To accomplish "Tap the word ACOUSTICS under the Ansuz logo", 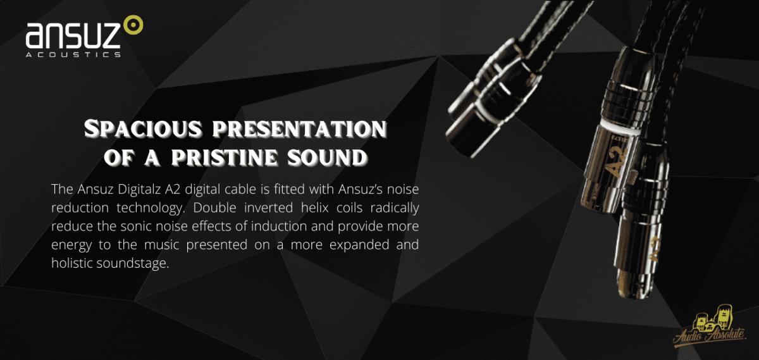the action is click(73, 54).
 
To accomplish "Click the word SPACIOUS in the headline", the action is click(143, 129).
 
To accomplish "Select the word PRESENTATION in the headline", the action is click(300, 129).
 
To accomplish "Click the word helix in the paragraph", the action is click(315, 208).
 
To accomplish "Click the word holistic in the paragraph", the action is click(71, 263).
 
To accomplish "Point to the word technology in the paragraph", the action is click(151, 208).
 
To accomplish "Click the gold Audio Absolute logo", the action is click(710, 326).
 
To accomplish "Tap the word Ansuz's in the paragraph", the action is click(359, 189).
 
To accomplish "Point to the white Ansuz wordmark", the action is click(73, 35).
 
